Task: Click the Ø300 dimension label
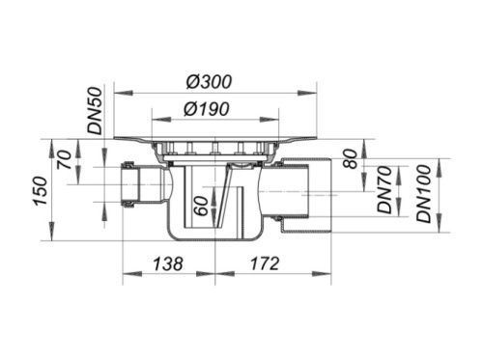click(209, 82)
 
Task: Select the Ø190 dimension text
click(207, 109)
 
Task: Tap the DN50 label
click(96, 111)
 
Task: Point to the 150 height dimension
click(42, 191)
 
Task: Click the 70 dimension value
click(65, 160)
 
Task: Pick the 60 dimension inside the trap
click(202, 206)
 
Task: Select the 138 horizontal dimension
click(168, 263)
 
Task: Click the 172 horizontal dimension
click(265, 263)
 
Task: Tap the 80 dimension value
click(351, 158)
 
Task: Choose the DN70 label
click(384, 190)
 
